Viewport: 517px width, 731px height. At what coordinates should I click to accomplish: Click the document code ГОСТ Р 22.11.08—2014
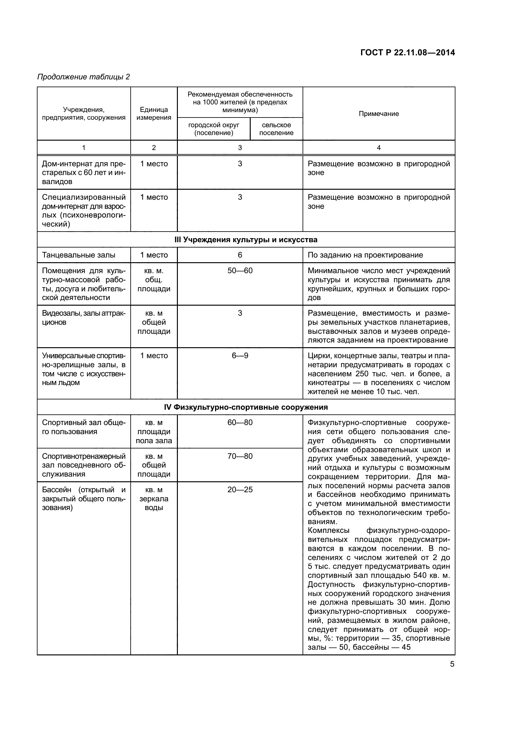click(408, 53)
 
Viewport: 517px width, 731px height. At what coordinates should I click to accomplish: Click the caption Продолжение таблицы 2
click(84, 77)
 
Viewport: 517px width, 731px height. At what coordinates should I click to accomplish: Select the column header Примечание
click(379, 114)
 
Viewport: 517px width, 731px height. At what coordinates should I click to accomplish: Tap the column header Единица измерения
click(154, 114)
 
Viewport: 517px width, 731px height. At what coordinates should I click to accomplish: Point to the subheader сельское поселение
click(276, 129)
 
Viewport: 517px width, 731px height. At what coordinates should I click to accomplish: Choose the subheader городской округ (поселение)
click(213, 129)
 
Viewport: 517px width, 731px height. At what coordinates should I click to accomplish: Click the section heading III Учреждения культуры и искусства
click(246, 240)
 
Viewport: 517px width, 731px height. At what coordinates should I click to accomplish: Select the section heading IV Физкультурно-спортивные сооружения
click(246, 407)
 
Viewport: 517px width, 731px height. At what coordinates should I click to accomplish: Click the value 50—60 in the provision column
click(240, 271)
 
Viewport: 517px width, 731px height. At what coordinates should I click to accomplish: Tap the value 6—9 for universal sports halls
click(240, 356)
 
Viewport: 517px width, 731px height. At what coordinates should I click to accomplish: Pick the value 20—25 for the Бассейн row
click(240, 490)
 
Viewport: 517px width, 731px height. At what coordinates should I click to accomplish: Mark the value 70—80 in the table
click(240, 456)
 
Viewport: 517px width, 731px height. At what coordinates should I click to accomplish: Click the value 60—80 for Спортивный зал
click(240, 423)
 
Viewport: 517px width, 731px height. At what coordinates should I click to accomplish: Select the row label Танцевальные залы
click(79, 255)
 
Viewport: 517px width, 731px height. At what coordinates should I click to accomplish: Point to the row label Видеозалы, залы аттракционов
click(83, 318)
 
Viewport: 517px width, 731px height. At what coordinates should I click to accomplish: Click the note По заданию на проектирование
click(365, 255)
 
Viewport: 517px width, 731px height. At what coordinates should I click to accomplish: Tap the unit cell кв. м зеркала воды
click(154, 498)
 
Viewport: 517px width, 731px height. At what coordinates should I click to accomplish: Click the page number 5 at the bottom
click(452, 664)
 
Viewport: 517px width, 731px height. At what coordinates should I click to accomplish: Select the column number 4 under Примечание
click(379, 148)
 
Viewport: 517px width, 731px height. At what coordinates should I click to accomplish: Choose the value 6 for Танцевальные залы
click(240, 255)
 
